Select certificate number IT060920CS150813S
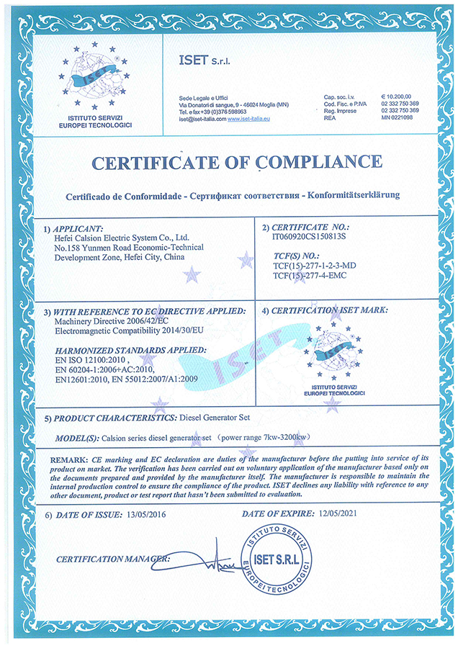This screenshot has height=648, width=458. click(310, 235)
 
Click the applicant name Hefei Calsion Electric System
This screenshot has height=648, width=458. click(122, 236)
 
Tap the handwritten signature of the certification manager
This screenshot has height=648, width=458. click(212, 559)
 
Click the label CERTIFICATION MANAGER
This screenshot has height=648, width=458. click(111, 559)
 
